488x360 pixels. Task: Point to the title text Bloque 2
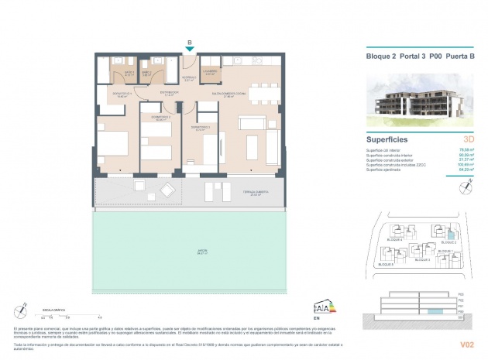[380, 55]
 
